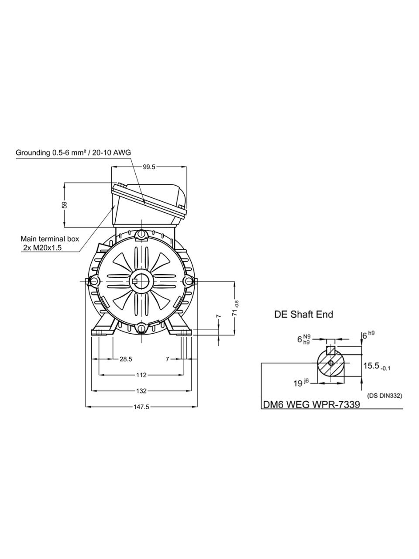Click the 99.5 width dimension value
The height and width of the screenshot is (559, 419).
[149, 167]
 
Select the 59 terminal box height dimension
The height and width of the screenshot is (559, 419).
[65, 205]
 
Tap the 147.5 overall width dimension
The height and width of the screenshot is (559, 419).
[141, 407]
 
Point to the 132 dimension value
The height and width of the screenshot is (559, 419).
[141, 391]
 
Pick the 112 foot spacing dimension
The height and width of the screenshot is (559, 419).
[141, 375]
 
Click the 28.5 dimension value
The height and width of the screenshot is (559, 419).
[126, 359]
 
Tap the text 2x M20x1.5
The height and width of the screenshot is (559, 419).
[42, 248]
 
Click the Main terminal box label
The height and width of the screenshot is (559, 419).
[50, 239]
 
